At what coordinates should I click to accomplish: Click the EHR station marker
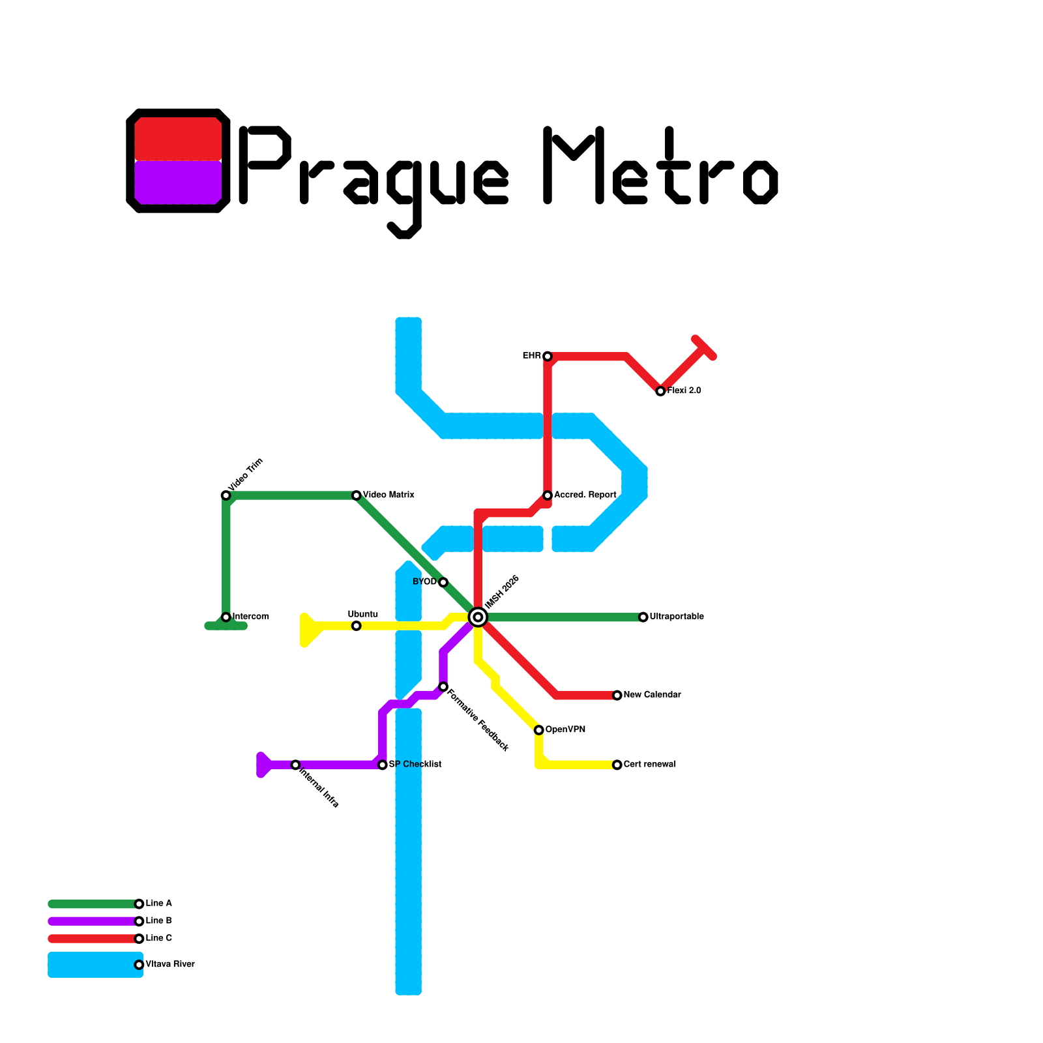[x=548, y=356]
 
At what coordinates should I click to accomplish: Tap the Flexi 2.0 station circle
[x=660, y=391]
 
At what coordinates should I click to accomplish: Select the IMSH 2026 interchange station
[x=478, y=617]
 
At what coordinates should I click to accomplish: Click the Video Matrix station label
[x=389, y=495]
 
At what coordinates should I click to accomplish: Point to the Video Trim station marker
[x=226, y=495]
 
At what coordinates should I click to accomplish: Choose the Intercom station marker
[x=226, y=617]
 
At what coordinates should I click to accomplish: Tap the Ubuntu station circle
[x=356, y=626]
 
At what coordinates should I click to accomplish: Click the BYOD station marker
[x=443, y=582]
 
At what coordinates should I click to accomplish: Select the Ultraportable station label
[x=677, y=617]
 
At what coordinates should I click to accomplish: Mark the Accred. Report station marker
[x=548, y=495]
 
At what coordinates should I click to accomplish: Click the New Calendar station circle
[x=617, y=696]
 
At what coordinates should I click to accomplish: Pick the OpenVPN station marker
[x=538, y=730]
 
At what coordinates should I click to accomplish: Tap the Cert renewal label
[x=649, y=764]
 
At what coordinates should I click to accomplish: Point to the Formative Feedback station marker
[x=443, y=686]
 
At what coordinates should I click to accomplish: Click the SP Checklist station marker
[x=383, y=765]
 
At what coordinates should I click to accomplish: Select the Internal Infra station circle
[x=295, y=765]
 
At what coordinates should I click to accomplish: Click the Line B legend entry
[x=158, y=921]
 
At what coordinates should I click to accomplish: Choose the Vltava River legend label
[x=170, y=964]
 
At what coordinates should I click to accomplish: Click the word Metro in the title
[x=660, y=166]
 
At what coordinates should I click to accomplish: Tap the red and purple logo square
[x=178, y=160]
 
